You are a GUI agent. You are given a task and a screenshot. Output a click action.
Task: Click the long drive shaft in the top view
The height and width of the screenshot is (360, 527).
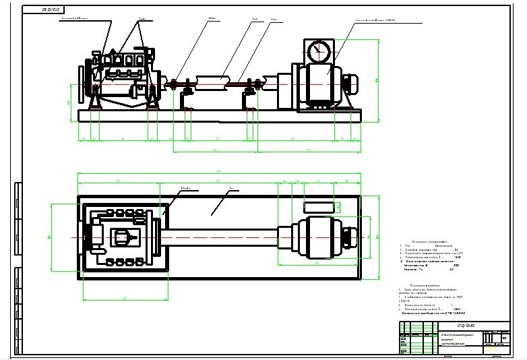tap(222, 238)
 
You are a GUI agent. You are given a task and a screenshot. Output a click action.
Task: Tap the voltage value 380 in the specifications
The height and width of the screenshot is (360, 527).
tap(456, 265)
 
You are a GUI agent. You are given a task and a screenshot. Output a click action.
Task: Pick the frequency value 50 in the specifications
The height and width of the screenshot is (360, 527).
tap(452, 270)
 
